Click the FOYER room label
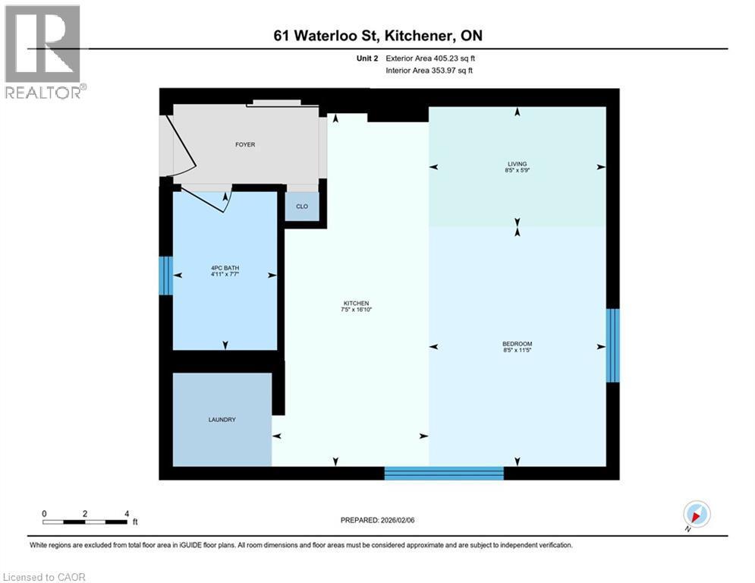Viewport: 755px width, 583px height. click(245, 144)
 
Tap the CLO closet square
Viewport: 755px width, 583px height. click(302, 206)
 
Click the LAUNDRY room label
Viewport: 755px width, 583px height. click(222, 419)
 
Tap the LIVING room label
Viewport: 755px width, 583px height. click(517, 163)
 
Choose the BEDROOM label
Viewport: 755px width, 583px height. click(517, 344)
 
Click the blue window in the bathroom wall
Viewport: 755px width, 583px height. click(165, 276)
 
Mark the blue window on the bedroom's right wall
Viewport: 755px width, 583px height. click(613, 345)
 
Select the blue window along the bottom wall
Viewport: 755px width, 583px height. click(444, 473)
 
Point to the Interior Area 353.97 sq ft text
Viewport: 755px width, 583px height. click(432, 71)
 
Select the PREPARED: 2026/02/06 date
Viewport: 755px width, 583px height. click(377, 520)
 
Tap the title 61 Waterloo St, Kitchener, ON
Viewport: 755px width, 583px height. click(377, 36)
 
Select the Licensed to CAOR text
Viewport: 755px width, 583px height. click(46, 577)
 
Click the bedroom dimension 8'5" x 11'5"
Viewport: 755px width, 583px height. click(517, 351)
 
